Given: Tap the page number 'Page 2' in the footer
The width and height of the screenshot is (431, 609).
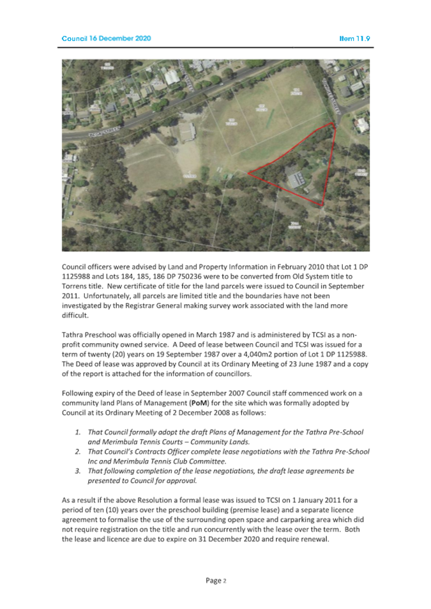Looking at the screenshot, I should pos(215,580).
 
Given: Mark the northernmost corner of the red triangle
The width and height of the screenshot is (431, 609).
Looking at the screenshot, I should pos(333,123).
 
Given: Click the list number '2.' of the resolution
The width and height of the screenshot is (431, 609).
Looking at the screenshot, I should pos(79,451).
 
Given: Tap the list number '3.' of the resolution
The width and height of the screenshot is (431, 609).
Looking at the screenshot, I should pos(79,471).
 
